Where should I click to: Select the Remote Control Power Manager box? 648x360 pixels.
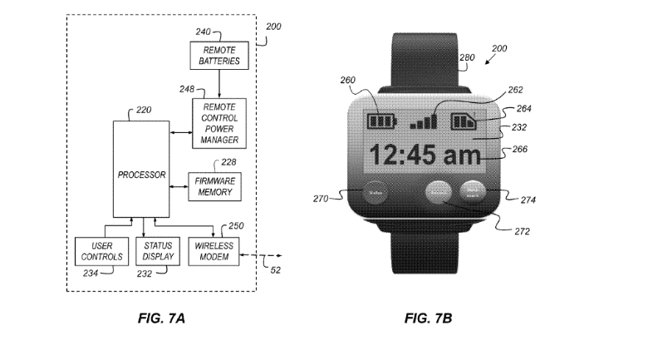(218, 123)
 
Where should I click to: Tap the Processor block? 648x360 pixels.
(141, 175)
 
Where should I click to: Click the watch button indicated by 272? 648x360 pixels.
(439, 193)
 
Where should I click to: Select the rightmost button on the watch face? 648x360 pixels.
(473, 192)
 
